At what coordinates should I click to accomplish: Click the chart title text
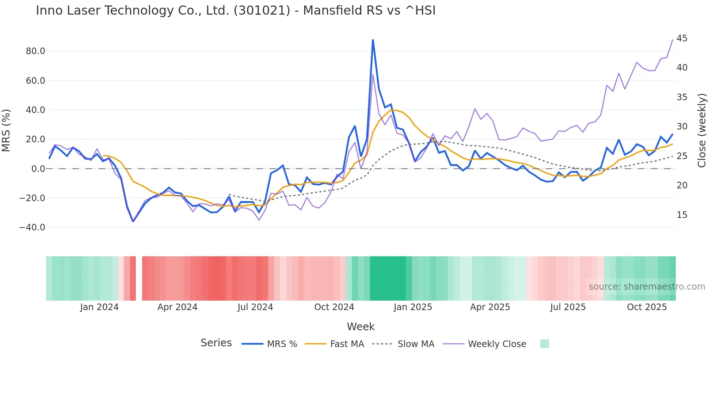pyautogui.click(x=236, y=11)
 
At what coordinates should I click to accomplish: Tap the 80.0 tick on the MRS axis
pyautogui.click(x=35, y=51)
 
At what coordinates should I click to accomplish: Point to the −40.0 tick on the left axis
pyautogui.click(x=32, y=227)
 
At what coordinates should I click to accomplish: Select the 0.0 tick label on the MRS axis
pyautogui.click(x=38, y=169)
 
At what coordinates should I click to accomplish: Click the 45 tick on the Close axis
pyautogui.click(x=682, y=38)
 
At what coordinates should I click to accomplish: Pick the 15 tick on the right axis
pyautogui.click(x=682, y=215)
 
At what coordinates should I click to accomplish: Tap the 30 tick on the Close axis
pyautogui.click(x=682, y=127)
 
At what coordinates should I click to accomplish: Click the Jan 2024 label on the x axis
pyautogui.click(x=99, y=307)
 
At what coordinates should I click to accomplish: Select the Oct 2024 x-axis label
pyautogui.click(x=334, y=307)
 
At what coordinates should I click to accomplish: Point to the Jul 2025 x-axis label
pyautogui.click(x=568, y=307)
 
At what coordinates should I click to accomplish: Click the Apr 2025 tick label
pyautogui.click(x=490, y=307)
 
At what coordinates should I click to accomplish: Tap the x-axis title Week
pyautogui.click(x=361, y=327)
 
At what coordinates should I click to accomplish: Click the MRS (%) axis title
pyautogui.click(x=6, y=130)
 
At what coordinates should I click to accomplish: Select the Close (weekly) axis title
pyautogui.click(x=702, y=130)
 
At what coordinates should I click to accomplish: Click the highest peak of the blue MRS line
pyautogui.click(x=373, y=40)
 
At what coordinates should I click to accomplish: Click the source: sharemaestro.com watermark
pyautogui.click(x=647, y=287)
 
